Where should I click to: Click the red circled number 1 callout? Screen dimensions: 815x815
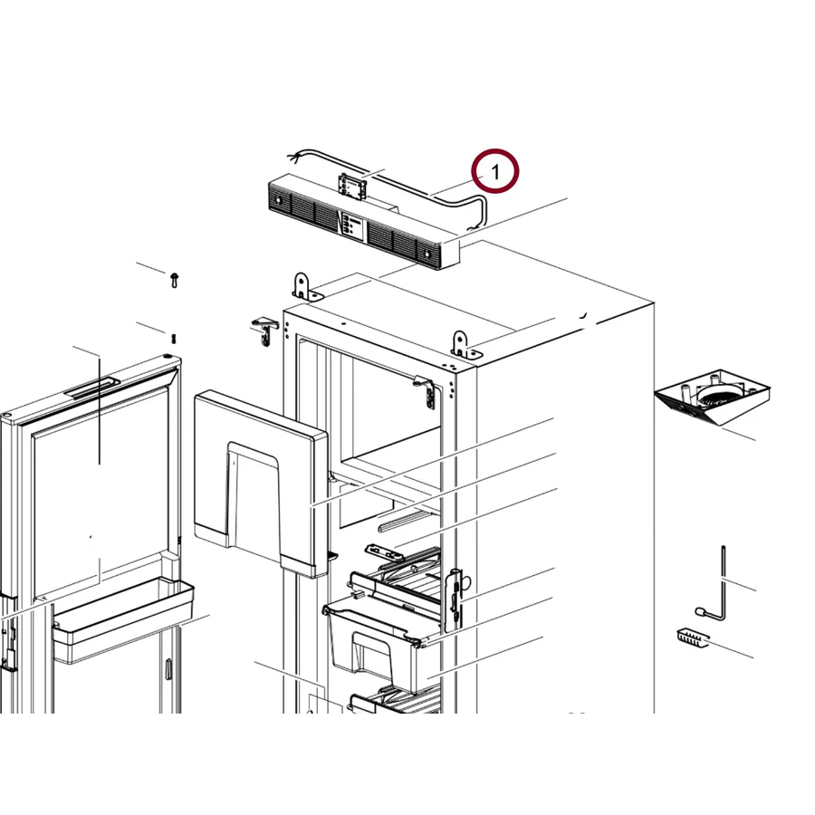pyautogui.click(x=494, y=171)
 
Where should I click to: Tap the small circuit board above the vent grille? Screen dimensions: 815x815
pyautogui.click(x=352, y=186)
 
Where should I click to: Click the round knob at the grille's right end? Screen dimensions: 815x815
pyautogui.click(x=427, y=254)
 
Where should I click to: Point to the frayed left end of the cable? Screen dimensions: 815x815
pyautogui.click(x=294, y=156)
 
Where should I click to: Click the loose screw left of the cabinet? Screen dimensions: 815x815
pyautogui.click(x=174, y=279)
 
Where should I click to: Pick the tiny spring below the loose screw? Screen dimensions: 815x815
pyautogui.click(x=173, y=338)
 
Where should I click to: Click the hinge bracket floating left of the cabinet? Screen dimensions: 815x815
pyautogui.click(x=265, y=331)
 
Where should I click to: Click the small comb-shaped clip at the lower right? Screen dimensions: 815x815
pyautogui.click(x=693, y=638)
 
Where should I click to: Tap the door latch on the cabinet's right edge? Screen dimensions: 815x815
pyautogui.click(x=455, y=599)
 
